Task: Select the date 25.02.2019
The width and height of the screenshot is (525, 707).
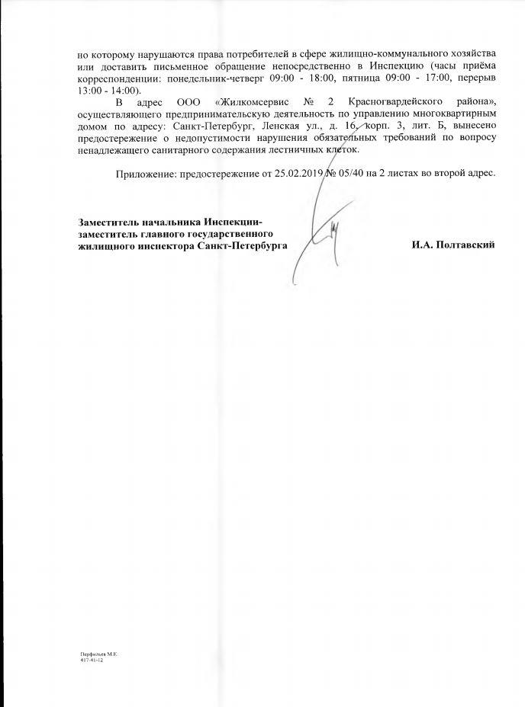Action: pyautogui.click(x=288, y=174)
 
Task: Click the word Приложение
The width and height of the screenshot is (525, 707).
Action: pyautogui.click(x=145, y=174)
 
